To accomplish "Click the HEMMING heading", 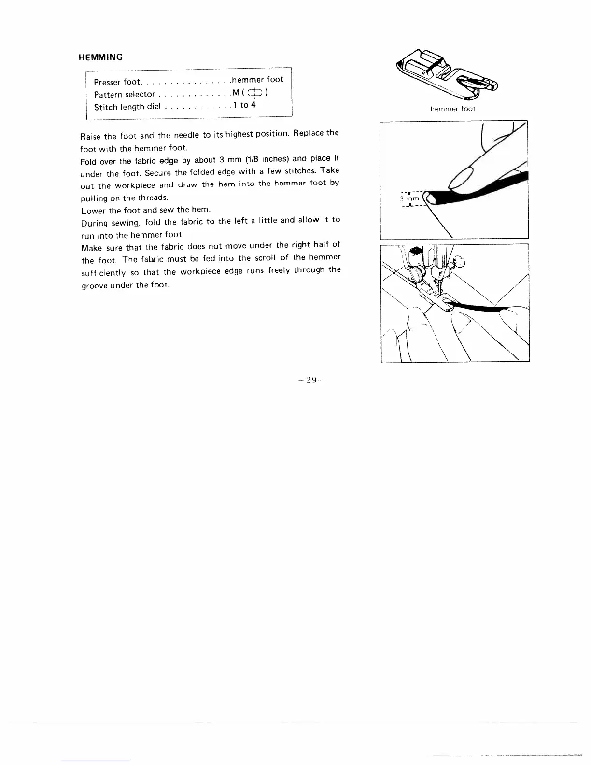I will pos(100,57).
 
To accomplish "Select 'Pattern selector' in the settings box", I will pos(125,95).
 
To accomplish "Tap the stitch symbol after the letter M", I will pos(256,93).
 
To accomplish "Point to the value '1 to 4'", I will pos(244,105).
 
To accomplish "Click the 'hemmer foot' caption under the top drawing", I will pos(453,109).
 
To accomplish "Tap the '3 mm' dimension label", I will pos(408,198).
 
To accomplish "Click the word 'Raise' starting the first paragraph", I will pos(90,137).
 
